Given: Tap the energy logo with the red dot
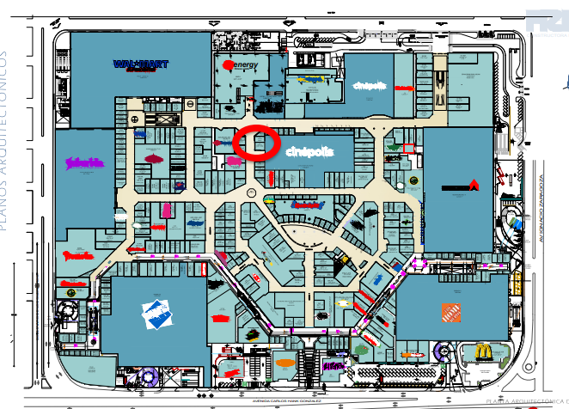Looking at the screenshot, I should pos(240,65).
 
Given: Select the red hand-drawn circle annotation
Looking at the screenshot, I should pos(258,143).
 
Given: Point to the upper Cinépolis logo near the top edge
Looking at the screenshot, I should pos(370,85).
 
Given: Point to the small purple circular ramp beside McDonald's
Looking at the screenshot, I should pos(445,351).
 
